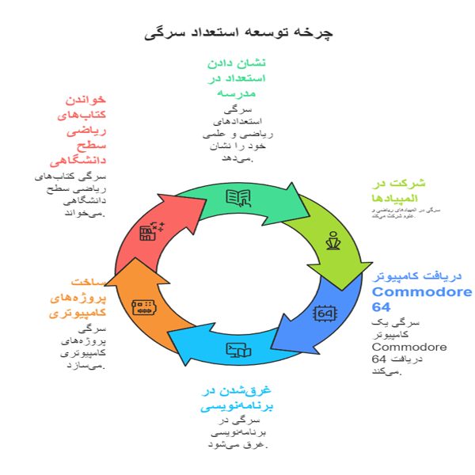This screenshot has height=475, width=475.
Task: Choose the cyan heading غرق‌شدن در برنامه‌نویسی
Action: tap(236, 398)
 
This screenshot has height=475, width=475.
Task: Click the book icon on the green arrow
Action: tap(238, 198)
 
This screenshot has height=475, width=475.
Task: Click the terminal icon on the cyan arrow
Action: tap(239, 349)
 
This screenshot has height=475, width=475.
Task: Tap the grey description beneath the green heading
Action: tap(236, 135)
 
